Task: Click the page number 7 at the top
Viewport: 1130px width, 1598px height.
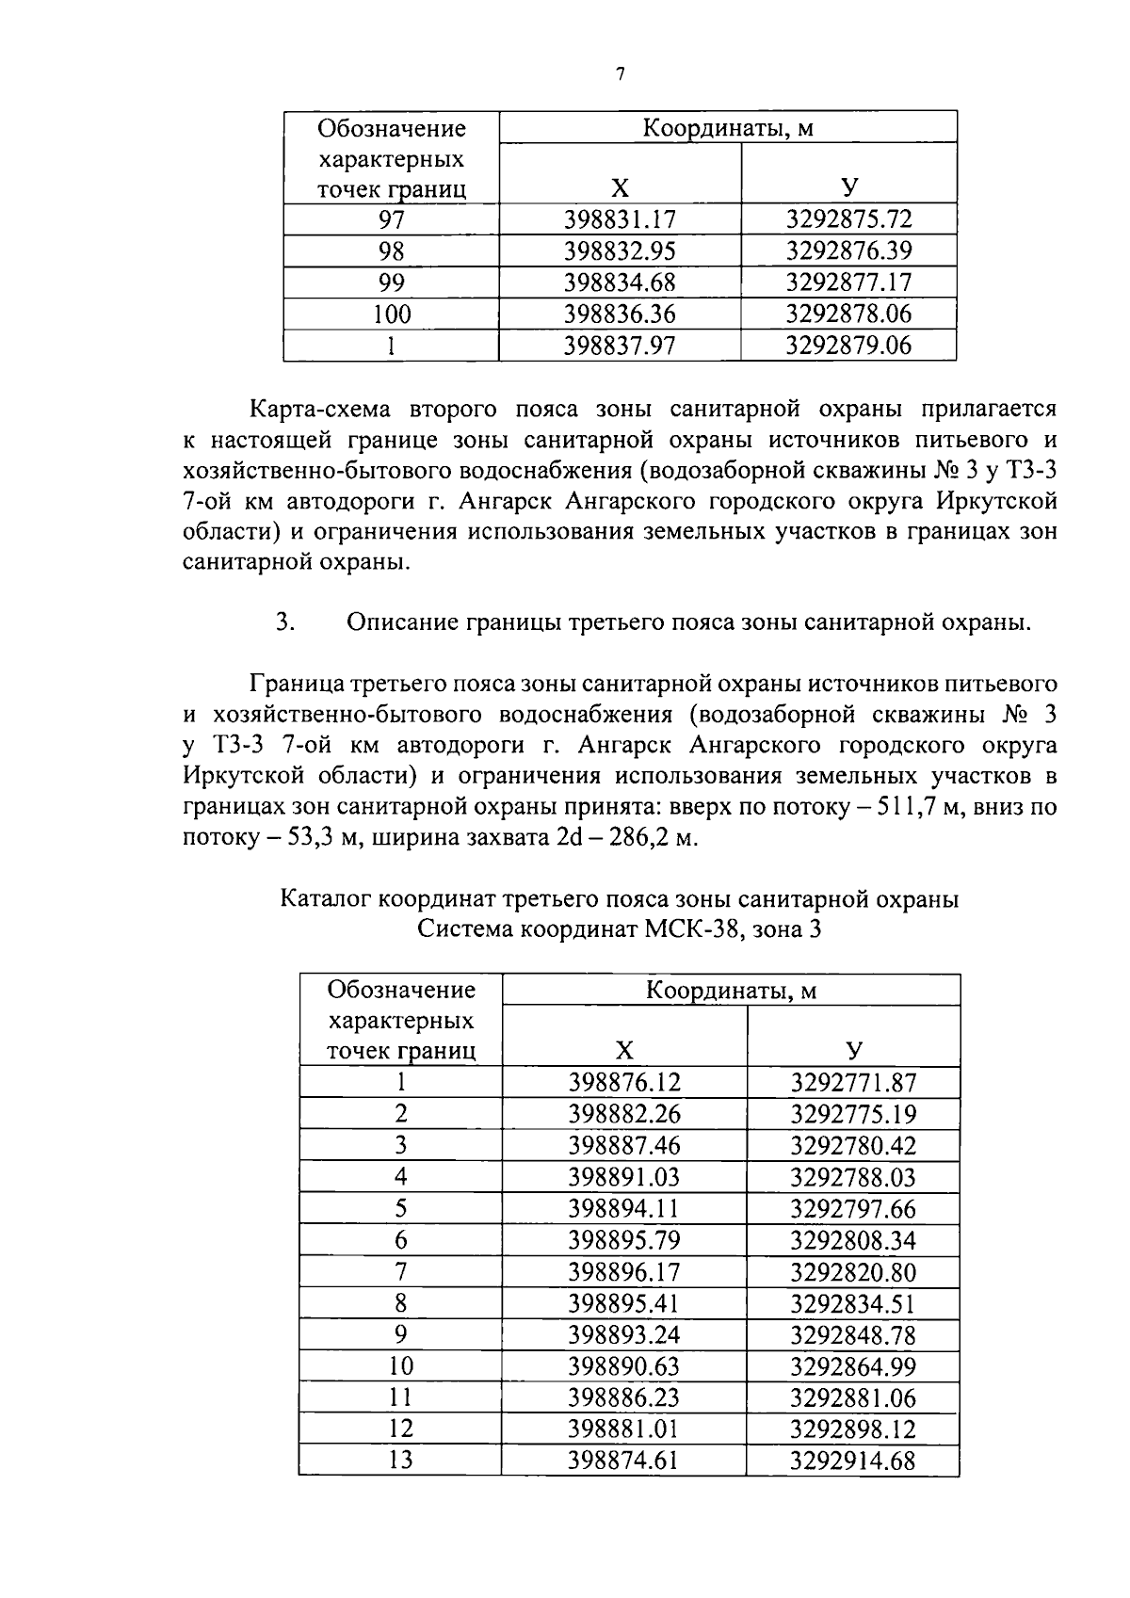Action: click(x=620, y=75)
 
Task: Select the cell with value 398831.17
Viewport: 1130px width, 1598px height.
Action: click(x=620, y=220)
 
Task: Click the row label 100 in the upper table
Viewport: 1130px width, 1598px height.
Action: click(x=391, y=314)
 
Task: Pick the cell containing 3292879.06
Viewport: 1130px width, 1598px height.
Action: click(x=848, y=346)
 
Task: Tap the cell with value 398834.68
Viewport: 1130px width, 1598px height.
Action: click(x=620, y=282)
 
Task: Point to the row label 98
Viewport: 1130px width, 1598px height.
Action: click(x=391, y=251)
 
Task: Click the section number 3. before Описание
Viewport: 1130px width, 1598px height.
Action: click(x=286, y=622)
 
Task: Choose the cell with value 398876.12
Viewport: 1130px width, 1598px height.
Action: click(x=624, y=1083)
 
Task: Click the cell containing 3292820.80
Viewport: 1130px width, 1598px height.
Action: click(x=853, y=1272)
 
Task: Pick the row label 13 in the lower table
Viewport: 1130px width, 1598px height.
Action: click(x=401, y=1461)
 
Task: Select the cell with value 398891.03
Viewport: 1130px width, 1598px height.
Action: click(x=624, y=1177)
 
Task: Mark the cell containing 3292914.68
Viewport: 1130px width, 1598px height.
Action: click(x=853, y=1461)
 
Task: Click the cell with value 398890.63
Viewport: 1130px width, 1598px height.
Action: click(x=624, y=1366)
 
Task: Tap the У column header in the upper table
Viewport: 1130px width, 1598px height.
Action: click(x=849, y=187)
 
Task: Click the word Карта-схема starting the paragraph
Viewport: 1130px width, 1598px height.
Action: click(x=322, y=410)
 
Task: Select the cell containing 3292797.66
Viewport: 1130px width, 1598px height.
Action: click(x=853, y=1209)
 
